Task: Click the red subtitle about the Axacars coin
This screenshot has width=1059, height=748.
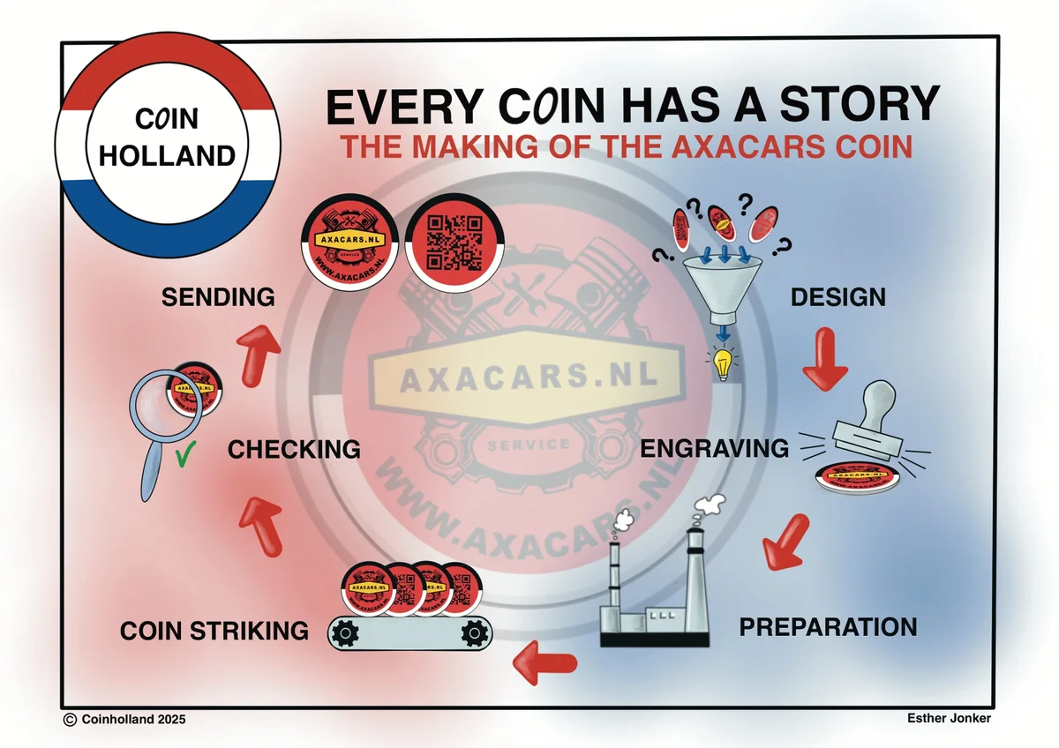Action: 627,146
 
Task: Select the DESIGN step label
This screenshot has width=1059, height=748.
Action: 837,297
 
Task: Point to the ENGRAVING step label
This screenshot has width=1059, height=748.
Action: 715,448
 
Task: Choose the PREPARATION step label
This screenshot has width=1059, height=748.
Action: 828,627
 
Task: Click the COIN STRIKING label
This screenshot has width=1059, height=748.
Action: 214,631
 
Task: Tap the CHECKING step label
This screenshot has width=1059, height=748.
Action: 294,449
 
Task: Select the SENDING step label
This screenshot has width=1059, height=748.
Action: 218,297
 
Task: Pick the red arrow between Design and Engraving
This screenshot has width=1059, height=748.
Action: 825,359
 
